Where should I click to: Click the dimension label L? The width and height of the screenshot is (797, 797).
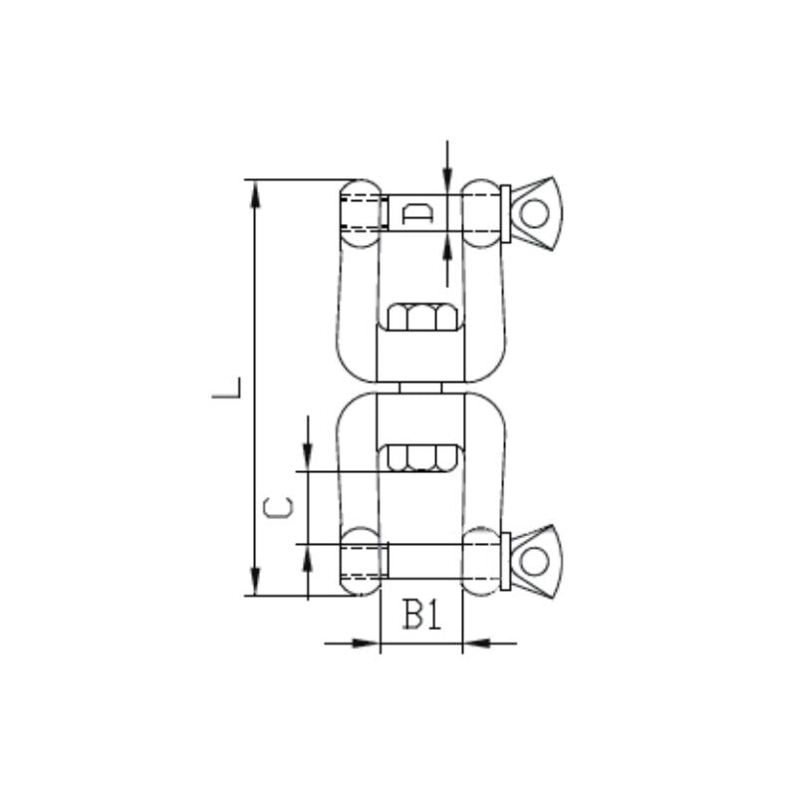click(x=228, y=388)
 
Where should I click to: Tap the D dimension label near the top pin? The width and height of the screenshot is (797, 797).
click(x=416, y=213)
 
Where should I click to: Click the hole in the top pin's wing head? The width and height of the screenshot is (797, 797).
click(x=535, y=213)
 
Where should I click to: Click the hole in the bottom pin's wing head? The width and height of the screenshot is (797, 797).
click(x=535, y=561)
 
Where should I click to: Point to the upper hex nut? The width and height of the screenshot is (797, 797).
click(x=420, y=319)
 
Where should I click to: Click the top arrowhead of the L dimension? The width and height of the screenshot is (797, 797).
click(x=256, y=193)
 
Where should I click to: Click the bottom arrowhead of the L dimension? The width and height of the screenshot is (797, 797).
click(x=256, y=582)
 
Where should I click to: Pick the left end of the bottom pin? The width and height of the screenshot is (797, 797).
click(x=361, y=561)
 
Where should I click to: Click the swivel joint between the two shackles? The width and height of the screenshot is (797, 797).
click(x=420, y=388)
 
